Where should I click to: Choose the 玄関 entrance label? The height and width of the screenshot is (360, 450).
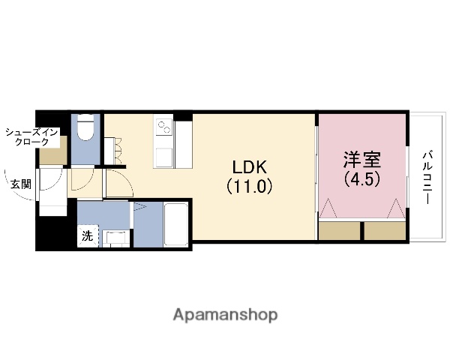pyautogui.click(x=21, y=184)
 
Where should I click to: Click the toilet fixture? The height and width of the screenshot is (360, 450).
pyautogui.click(x=85, y=129)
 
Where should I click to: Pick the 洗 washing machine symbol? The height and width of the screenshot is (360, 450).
pyautogui.click(x=88, y=236)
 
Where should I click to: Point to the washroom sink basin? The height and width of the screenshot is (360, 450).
pyautogui.click(x=115, y=238)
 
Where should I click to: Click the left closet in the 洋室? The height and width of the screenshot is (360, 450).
pyautogui.click(x=340, y=230)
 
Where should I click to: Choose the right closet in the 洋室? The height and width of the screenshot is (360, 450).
pyautogui.click(x=385, y=230)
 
